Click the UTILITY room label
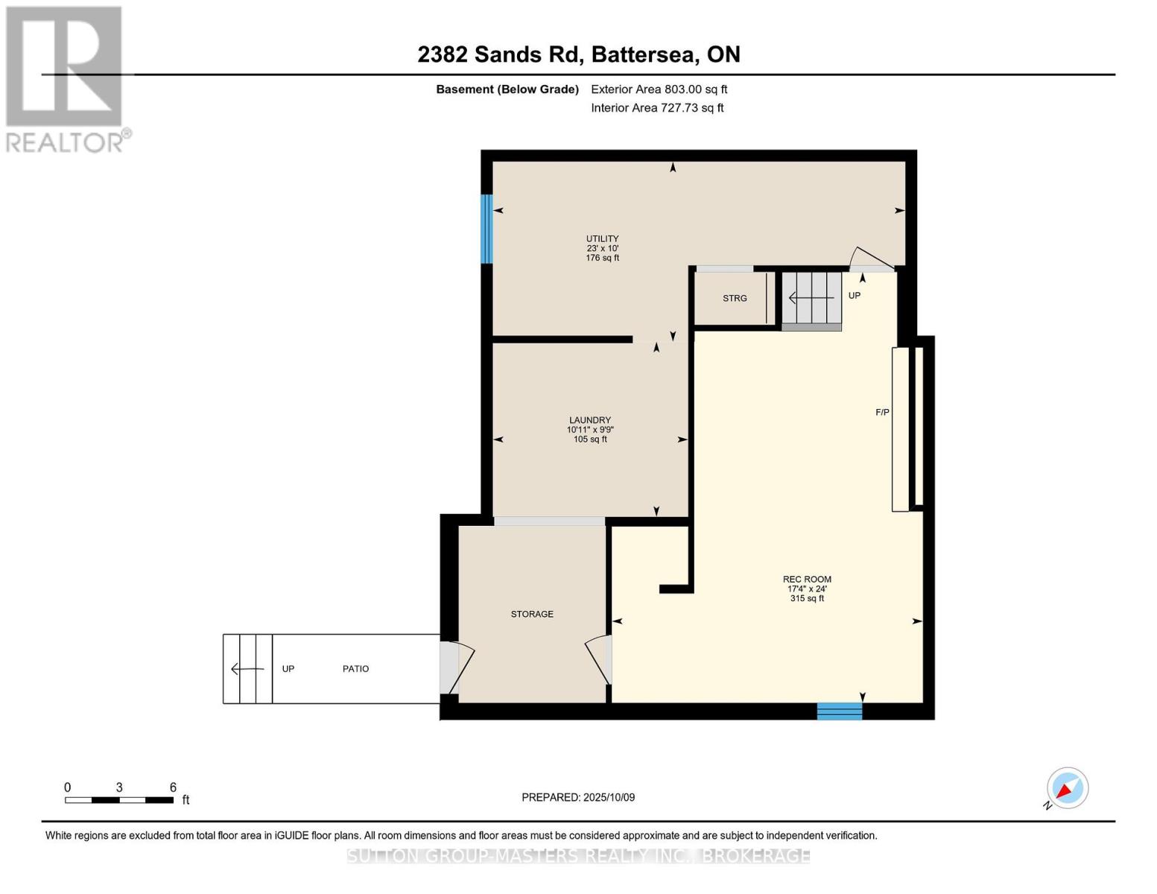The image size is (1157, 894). pos(602,239)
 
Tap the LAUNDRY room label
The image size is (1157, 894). pos(590,420)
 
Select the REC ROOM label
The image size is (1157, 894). pos(807,579)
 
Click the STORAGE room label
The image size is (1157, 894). pos(532,614)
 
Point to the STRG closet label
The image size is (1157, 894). pos(735,298)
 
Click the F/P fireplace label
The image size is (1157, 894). pos(882,412)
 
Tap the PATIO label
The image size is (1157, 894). pos(355,669)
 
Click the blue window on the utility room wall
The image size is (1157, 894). pos(486,229)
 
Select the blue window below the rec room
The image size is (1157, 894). pos(839,711)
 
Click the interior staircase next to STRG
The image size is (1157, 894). pos(811,299)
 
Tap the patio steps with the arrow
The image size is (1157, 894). pos(247,668)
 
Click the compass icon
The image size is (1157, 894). pos(1067,788)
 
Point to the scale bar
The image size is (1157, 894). pos(119,800)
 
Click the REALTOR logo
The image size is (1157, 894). pos(64,78)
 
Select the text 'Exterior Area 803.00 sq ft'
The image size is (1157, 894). pos(659,89)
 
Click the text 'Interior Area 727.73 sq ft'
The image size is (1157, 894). pos(657,108)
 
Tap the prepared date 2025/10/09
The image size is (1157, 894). pos(578,797)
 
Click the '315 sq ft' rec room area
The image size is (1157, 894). pos(807,598)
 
